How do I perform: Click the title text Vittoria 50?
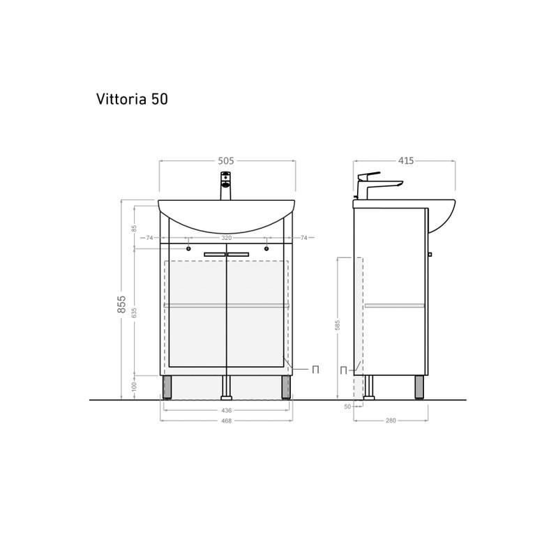(x=131, y=100)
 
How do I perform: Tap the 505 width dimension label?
(x=225, y=160)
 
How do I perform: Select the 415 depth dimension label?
(x=405, y=160)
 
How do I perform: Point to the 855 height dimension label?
(x=122, y=306)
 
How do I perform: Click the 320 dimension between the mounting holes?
(x=227, y=238)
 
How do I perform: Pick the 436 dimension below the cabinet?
(x=227, y=410)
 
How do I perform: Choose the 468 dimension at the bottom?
(x=227, y=421)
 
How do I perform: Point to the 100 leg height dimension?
(x=135, y=385)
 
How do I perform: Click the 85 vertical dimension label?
(x=135, y=227)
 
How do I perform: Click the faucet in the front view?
(x=225, y=188)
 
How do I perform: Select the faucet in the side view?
(x=377, y=185)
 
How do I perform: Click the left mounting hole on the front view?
(x=188, y=247)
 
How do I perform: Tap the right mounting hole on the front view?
(x=266, y=247)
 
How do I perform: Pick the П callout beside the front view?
(x=315, y=370)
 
